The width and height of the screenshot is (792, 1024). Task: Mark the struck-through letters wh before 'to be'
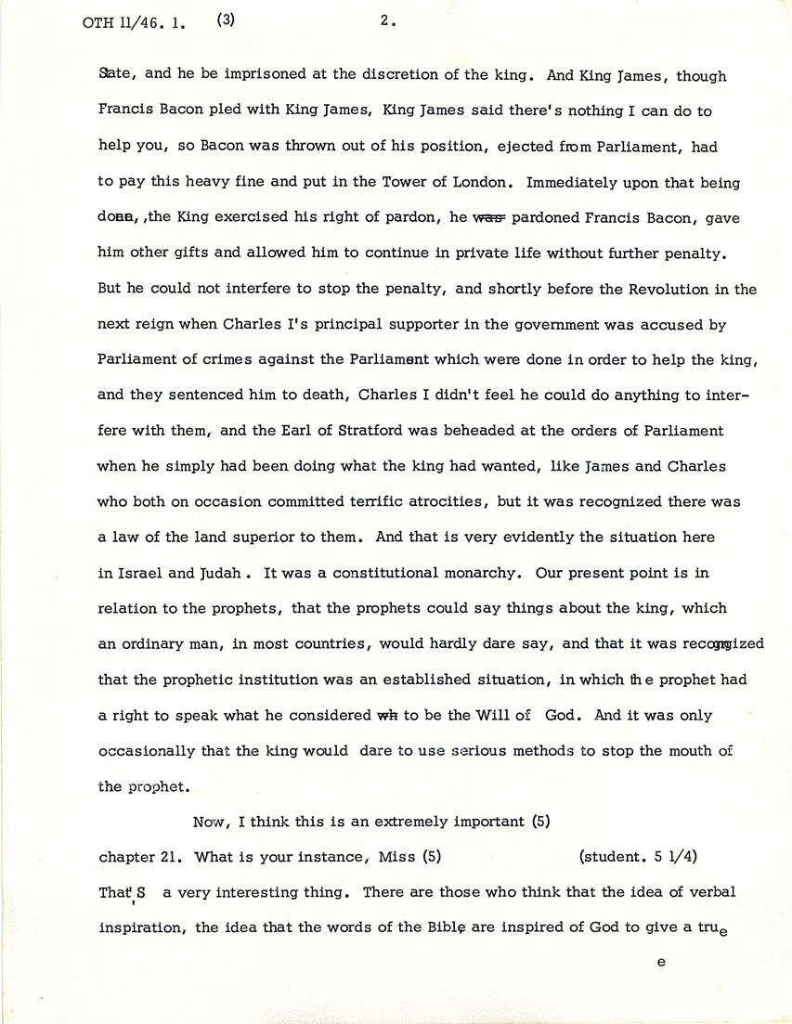385,715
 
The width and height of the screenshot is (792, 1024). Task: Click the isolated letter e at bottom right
660,964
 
